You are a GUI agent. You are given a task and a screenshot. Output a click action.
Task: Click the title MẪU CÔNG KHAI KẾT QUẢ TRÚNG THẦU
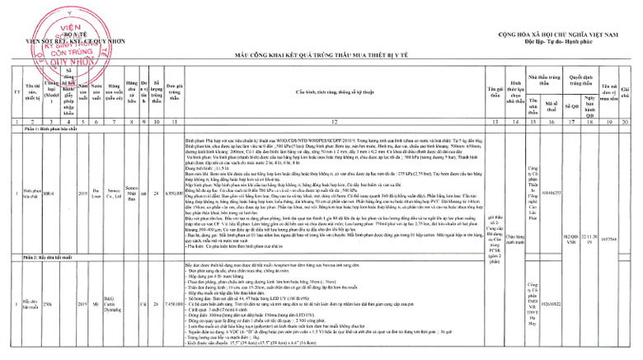(x=321, y=54)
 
